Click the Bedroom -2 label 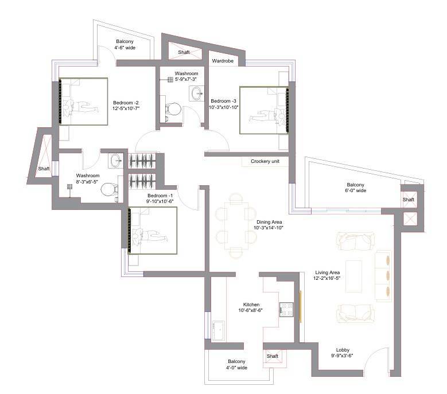click(126, 103)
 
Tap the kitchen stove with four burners click(286, 309)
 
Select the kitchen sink click(219, 330)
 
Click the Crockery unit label click(265, 161)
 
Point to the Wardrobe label click(223, 61)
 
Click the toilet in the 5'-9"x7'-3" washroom click(173, 109)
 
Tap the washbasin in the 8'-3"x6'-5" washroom click(116, 161)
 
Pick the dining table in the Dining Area click(236, 225)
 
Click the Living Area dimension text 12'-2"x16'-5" click(326, 278)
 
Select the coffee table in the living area click(354, 276)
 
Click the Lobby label click(343, 350)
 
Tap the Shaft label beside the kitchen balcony click(273, 356)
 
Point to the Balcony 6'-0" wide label click(356, 188)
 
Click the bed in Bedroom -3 click(264, 110)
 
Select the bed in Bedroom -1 click(152, 231)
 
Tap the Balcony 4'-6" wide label click(125, 44)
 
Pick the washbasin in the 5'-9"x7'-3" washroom click(197, 93)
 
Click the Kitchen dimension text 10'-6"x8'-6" click(250, 310)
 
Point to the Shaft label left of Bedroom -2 click(44, 169)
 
